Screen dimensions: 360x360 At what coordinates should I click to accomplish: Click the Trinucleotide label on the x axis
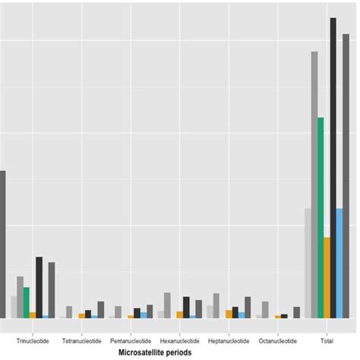[x=33, y=341]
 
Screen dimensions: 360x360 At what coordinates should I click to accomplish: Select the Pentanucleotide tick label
[x=131, y=341]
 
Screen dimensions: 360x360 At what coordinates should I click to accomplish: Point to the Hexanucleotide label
[x=180, y=341]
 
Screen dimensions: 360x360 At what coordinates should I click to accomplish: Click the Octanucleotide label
[x=278, y=341]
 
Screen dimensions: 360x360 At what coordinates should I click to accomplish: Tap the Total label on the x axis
[x=327, y=341]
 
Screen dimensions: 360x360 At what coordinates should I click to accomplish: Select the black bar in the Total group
[x=333, y=167]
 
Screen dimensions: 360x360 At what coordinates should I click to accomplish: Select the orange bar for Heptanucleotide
[x=229, y=314]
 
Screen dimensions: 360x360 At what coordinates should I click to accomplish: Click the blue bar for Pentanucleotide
[x=144, y=314]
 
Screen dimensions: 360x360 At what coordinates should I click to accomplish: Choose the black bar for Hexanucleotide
[x=186, y=307]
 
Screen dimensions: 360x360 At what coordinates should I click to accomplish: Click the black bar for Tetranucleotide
[x=88, y=314]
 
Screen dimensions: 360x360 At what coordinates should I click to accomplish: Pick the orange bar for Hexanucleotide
[x=180, y=314]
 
